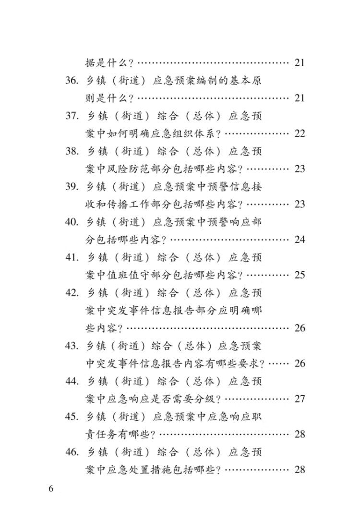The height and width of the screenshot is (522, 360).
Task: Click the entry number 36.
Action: pyautogui.click(x=72, y=81)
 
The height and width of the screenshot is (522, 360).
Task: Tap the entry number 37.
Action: pyautogui.click(x=72, y=116)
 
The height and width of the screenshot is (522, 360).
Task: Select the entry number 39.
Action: pyautogui.click(x=72, y=186)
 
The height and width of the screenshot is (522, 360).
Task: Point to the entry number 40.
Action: pyautogui.click(x=72, y=222)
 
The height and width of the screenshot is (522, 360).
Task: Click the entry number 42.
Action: pyautogui.click(x=72, y=293)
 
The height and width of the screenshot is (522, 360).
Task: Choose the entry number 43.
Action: pyautogui.click(x=72, y=346)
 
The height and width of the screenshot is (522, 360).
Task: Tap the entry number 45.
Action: pyautogui.click(x=72, y=416)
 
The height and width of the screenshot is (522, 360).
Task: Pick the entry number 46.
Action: pyautogui.click(x=72, y=452)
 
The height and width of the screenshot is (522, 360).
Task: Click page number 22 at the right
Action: pyautogui.click(x=300, y=134)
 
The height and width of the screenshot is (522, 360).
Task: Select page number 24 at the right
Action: pyautogui.click(x=300, y=240)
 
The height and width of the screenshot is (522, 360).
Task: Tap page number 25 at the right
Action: pyautogui.click(x=300, y=275)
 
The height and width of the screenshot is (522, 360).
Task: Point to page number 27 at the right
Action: pyautogui.click(x=300, y=399)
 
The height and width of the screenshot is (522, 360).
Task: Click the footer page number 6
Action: pyautogui.click(x=51, y=489)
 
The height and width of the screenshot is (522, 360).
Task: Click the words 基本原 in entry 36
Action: pyautogui.click(x=245, y=81)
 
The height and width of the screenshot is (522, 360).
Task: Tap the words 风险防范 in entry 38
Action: pyautogui.click(x=128, y=169)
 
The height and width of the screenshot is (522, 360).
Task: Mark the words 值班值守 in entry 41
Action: pyautogui.click(x=128, y=275)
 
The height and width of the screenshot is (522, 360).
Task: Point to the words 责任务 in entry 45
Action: pyautogui.click(x=101, y=435)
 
